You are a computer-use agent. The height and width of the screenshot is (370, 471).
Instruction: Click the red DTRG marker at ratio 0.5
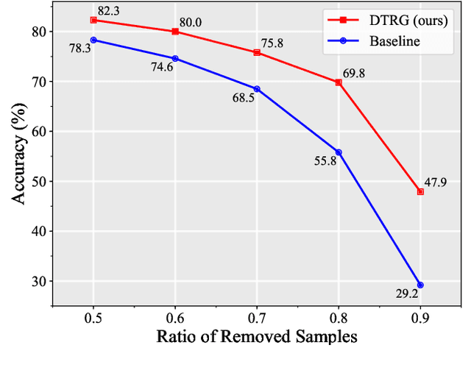[93, 20]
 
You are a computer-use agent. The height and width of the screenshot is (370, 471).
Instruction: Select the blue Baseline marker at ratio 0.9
[420, 285]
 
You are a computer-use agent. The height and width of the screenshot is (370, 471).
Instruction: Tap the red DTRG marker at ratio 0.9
[420, 191]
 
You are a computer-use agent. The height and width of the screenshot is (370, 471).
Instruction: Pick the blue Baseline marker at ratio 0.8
[339, 152]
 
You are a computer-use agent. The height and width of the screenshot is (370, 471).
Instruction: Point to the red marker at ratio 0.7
[257, 52]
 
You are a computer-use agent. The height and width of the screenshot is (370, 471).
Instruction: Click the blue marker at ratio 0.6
[175, 58]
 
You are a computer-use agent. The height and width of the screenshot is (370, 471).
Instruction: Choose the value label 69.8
[354, 74]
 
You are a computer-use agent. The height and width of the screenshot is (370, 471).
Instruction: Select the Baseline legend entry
[396, 41]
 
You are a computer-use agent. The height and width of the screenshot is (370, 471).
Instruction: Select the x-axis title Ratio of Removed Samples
[257, 338]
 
